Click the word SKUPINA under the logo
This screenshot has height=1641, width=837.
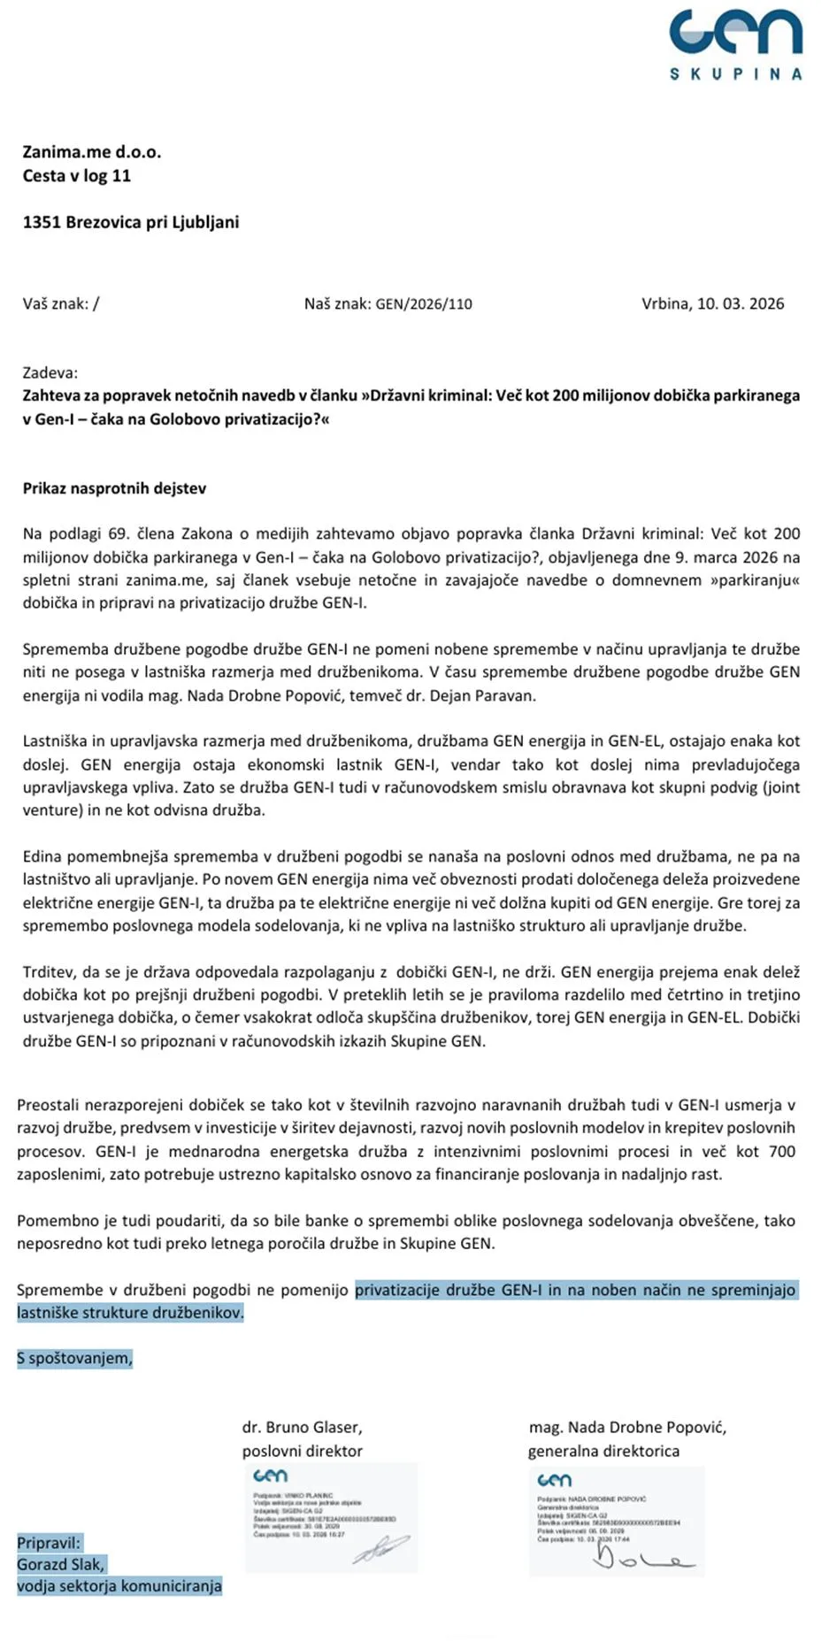point(735,74)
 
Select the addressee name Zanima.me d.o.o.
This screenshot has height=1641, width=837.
point(92,152)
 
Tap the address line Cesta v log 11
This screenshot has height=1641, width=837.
point(77,175)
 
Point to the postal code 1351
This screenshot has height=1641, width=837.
point(42,222)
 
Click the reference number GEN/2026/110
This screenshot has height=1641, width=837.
point(424,304)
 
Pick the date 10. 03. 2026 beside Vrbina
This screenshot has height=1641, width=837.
point(741,303)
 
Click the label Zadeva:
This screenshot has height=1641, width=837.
point(50,372)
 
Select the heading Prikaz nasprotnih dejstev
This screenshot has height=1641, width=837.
point(114,488)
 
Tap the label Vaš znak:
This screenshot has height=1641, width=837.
point(56,303)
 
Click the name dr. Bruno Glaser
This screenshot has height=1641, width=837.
point(302,1427)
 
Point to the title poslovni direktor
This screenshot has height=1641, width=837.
point(302,1451)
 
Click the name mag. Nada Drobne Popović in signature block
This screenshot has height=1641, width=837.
point(627,1427)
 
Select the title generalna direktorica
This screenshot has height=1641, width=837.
point(603,1451)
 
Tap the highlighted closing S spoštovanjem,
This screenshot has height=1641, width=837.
point(75,1358)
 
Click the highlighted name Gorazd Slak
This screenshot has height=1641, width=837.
point(60,1564)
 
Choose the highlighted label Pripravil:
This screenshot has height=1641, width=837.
point(49,1543)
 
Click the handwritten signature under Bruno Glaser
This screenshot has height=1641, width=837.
point(380,1549)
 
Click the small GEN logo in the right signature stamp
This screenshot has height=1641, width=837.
point(555,1480)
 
